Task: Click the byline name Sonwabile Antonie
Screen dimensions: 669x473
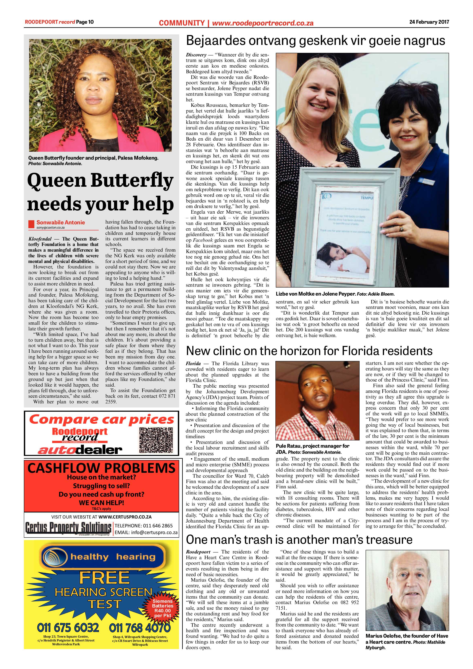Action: coord(61,222)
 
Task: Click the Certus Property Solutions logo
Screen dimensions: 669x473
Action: coord(68,527)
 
